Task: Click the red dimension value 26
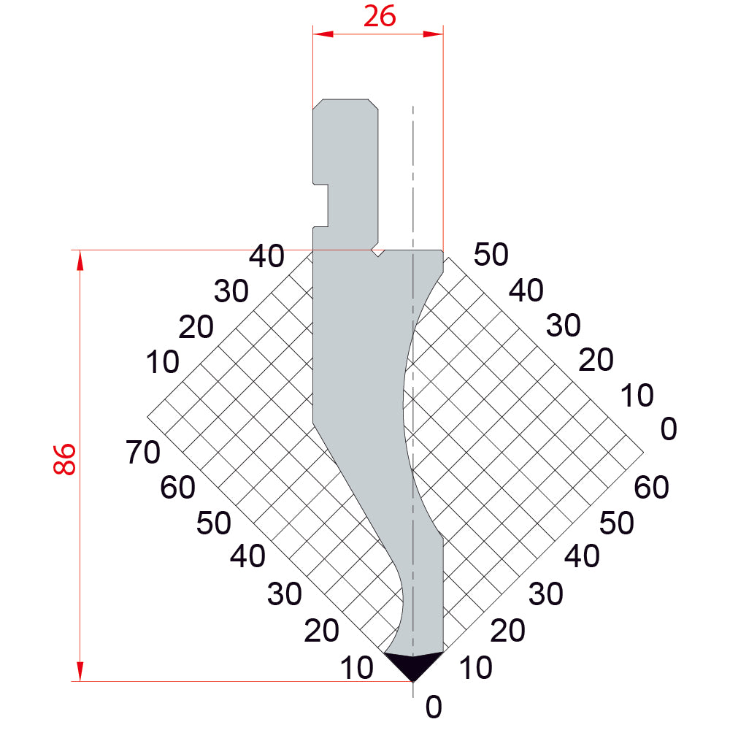coord(380,16)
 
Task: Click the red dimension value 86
coord(64,459)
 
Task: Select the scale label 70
coord(143,452)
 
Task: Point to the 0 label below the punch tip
coord(434,707)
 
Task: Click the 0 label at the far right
coord(669,429)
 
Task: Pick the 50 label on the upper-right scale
coord(491,254)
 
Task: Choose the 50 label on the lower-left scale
coord(213,523)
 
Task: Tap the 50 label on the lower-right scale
coord(616,523)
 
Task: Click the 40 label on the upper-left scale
coord(266,256)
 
